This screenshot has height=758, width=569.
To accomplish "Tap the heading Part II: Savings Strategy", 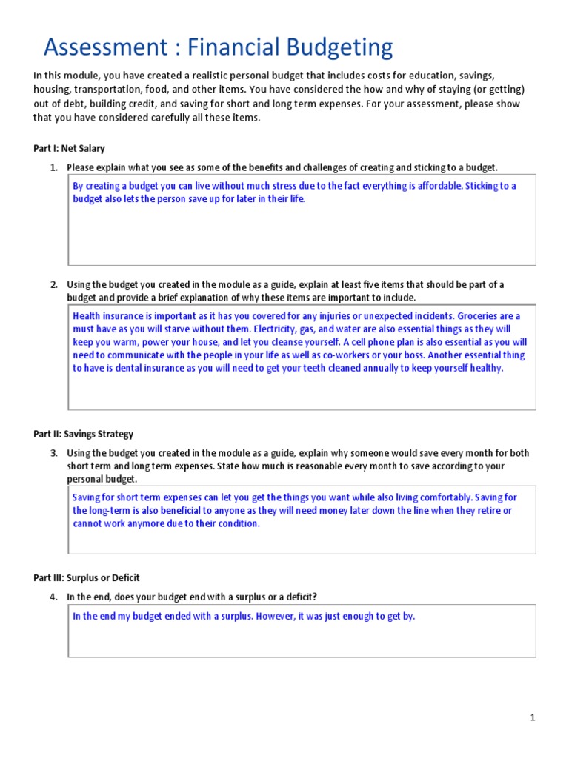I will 84,434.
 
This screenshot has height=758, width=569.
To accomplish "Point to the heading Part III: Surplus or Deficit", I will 87,577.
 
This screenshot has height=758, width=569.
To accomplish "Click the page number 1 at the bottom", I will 532,717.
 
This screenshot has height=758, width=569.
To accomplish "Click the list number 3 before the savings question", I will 53,452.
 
